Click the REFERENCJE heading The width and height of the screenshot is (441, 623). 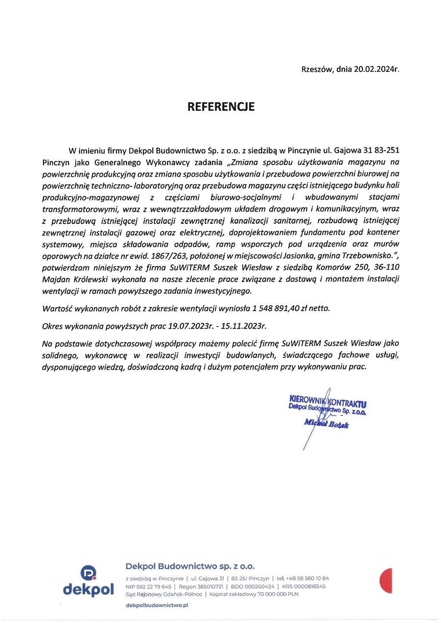[x=221, y=107]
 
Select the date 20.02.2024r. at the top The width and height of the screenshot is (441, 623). [x=376, y=69]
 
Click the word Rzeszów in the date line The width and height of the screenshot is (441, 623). [x=317, y=69]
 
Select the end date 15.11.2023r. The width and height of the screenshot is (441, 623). [x=244, y=326]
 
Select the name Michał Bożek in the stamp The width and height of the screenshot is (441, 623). [x=326, y=424]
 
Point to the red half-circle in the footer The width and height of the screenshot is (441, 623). [x=386, y=581]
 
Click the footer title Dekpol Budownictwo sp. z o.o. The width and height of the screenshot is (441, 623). [x=190, y=566]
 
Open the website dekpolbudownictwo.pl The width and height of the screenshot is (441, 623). [x=157, y=605]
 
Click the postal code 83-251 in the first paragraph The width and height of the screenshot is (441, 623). [x=387, y=151]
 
